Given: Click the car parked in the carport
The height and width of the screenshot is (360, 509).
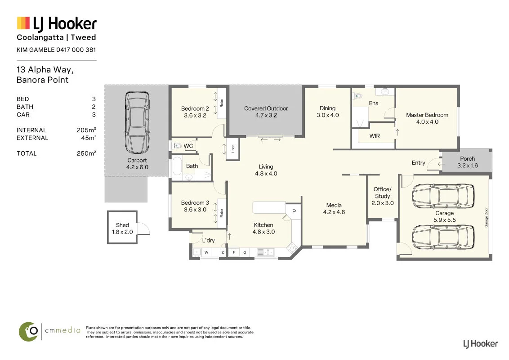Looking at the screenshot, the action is pyautogui.click(x=137, y=122).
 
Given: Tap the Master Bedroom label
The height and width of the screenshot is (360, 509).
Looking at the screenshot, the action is pyautogui.click(x=427, y=115).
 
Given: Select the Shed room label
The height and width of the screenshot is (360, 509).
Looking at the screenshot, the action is pyautogui.click(x=122, y=225).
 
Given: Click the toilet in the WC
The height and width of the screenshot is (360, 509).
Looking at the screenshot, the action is pyautogui.click(x=177, y=145).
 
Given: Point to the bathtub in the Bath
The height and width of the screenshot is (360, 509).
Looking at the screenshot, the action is pyautogui.click(x=177, y=166).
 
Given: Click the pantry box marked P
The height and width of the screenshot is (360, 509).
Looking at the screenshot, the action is pyautogui.click(x=294, y=211).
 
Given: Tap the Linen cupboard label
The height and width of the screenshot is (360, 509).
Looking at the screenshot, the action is pyautogui.click(x=233, y=149).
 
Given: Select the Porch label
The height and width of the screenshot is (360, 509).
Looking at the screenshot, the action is pyautogui.click(x=467, y=158).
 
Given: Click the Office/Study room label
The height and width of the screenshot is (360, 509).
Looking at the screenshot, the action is pyautogui.click(x=382, y=193).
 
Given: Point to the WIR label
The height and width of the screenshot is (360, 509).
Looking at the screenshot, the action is pyautogui.click(x=374, y=136).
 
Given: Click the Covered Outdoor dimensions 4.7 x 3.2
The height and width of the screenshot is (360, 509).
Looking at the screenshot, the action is pyautogui.click(x=266, y=115).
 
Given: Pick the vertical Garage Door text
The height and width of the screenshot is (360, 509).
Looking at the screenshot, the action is pyautogui.click(x=486, y=217).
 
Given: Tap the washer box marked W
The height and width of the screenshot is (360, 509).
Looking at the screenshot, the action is pyautogui.click(x=206, y=252).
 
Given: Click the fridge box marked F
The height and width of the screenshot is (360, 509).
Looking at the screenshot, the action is pyautogui.click(x=234, y=252).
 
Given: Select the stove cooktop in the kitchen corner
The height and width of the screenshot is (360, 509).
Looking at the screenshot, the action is pyautogui.click(x=292, y=247).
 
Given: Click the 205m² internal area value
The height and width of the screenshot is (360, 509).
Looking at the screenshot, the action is pyautogui.click(x=86, y=130).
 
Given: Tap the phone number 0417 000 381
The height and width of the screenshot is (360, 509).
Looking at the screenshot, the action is pyautogui.click(x=76, y=49).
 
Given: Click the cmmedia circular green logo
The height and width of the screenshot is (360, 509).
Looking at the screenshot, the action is pyautogui.click(x=29, y=332).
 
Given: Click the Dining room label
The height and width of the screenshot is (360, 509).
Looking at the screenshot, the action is pyautogui.click(x=327, y=108).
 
